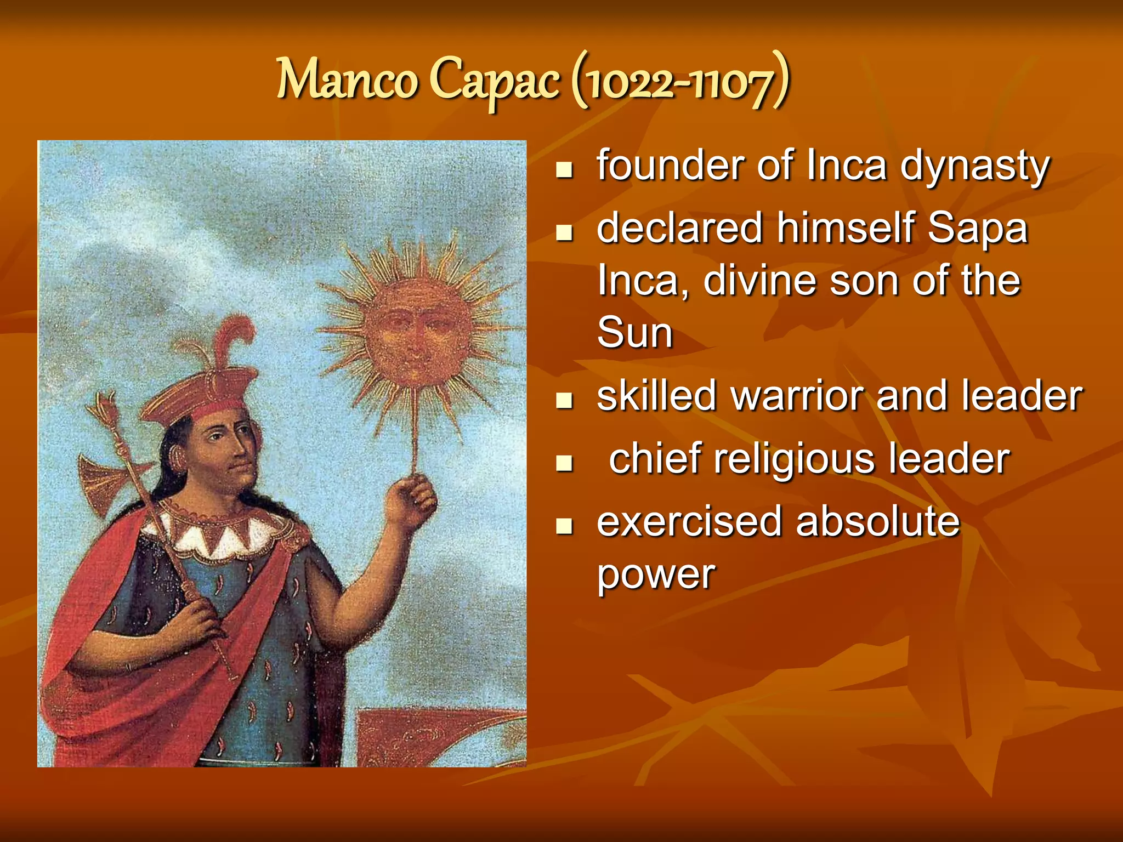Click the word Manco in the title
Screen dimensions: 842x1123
tap(347, 81)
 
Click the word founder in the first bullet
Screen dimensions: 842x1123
tap(671, 165)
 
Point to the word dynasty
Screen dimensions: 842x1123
tap(974, 167)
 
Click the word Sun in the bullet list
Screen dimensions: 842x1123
tap(634, 332)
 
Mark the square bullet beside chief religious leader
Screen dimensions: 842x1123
tap(564, 464)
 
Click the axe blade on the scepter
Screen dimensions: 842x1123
tap(104, 482)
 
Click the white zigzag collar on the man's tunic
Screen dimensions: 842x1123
tap(219, 534)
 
